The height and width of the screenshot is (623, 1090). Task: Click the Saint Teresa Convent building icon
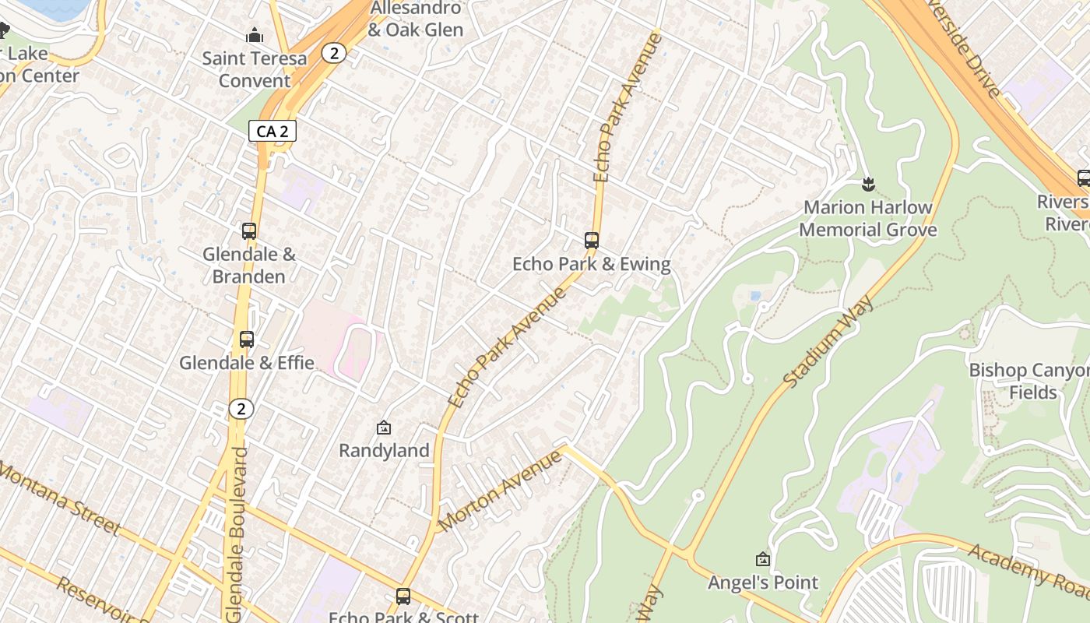pos(255,36)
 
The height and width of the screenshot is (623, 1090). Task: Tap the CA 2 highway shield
pos(272,132)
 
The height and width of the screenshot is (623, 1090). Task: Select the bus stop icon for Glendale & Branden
pos(249,231)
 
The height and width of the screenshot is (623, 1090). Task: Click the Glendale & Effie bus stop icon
pos(247,340)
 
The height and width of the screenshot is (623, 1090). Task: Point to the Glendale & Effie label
pos(247,363)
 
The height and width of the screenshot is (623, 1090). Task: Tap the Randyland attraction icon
pos(383,428)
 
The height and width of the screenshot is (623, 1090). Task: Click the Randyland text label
pos(384,451)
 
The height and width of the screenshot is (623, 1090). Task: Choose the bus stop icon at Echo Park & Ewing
pos(592,241)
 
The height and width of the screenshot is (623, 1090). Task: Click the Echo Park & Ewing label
pos(591,265)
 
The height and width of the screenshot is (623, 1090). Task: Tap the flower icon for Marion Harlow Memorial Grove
pos(868,185)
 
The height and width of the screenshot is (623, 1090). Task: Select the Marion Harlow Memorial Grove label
pos(867,219)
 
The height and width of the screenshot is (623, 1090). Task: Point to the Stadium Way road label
pos(828,341)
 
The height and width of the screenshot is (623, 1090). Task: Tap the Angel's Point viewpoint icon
pos(763,559)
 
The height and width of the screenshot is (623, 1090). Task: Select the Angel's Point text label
pos(762,583)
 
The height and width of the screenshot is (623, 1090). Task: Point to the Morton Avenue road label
pos(501,491)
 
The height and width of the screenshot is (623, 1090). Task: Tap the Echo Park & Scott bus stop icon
pos(403,597)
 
